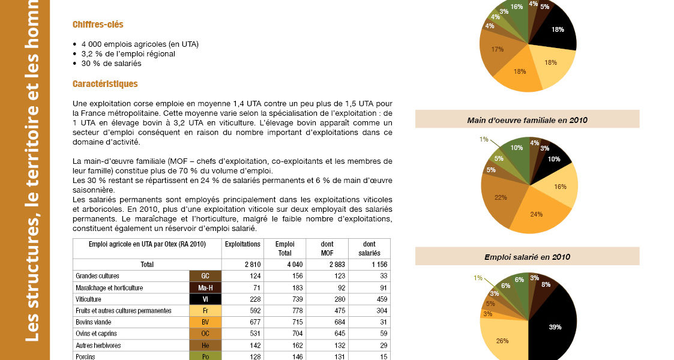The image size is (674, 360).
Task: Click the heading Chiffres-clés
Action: click(98, 25)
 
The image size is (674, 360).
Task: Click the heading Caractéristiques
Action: click(105, 84)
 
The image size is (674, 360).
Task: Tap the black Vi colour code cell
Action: click(205, 299)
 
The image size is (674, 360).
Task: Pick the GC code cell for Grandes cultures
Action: click(205, 276)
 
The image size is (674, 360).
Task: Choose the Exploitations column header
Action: click(242, 244)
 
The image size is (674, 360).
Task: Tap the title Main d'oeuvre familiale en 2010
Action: click(527, 120)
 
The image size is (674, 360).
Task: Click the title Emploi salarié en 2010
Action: click(527, 257)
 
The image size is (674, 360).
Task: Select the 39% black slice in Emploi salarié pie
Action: click(555, 326)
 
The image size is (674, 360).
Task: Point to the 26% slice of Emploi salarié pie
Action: click(502, 340)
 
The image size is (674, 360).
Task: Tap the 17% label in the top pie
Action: click(498, 49)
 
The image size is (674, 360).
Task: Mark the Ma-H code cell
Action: click(205, 288)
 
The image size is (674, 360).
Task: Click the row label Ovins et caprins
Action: click(96, 334)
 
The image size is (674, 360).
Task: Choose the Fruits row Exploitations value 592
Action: click(242, 311)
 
